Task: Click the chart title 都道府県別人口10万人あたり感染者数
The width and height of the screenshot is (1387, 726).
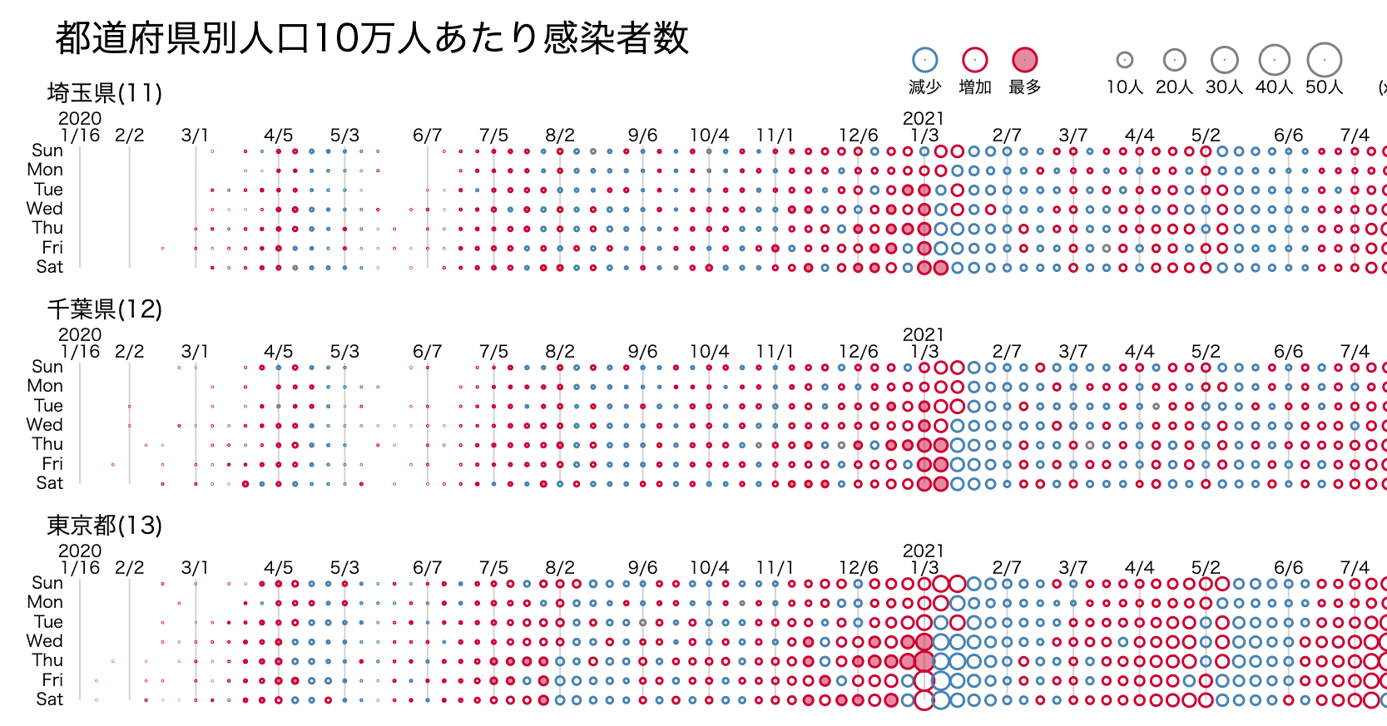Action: (371, 38)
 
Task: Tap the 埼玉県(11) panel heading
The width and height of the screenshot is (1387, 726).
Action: (104, 93)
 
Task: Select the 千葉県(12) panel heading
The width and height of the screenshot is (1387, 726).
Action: (104, 309)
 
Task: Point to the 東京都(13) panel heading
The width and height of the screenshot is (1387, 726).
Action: (104, 526)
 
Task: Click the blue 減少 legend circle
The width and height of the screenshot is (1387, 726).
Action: (924, 60)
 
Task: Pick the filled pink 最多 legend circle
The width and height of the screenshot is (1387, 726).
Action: (1024, 60)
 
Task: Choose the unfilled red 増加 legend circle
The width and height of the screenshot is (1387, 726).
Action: (974, 60)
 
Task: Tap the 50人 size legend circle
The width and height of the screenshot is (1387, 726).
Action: (1324, 60)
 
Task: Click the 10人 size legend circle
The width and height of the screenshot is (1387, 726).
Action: (1124, 60)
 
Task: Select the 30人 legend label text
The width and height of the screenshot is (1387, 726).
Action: (1224, 87)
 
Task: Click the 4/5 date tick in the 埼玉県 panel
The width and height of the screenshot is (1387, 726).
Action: (278, 136)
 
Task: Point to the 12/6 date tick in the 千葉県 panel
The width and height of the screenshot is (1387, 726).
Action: (858, 352)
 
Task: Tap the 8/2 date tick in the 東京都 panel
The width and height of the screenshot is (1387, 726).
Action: (560, 568)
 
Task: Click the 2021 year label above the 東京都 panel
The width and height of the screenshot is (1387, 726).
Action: (924, 551)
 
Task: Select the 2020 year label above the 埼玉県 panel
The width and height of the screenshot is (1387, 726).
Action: (80, 118)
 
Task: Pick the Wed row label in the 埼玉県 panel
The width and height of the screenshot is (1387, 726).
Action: (45, 209)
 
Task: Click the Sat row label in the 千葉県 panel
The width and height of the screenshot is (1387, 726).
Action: (49, 483)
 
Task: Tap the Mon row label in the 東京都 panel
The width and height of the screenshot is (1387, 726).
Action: (45, 602)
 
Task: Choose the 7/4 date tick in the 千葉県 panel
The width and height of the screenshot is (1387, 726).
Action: (1355, 352)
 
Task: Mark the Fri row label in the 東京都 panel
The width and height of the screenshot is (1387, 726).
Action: (52, 680)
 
